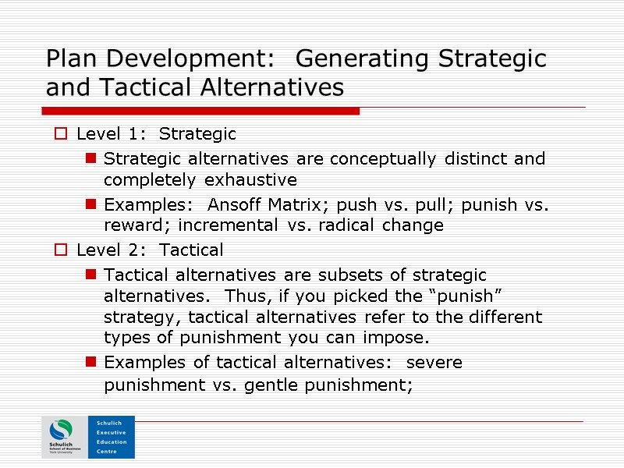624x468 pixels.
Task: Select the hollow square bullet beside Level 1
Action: tap(61, 134)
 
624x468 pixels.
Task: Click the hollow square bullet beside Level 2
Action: tap(61, 250)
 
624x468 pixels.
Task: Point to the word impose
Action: tap(398, 339)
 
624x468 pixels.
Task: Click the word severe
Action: tap(434, 363)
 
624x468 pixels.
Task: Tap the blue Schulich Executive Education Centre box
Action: tap(112, 438)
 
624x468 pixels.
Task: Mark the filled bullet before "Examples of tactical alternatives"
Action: tap(91, 363)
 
